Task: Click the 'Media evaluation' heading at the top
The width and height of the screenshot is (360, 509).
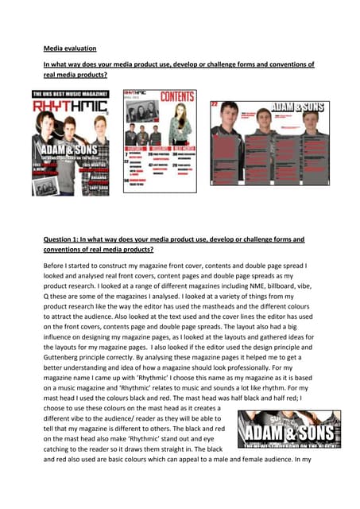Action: [68, 46]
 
